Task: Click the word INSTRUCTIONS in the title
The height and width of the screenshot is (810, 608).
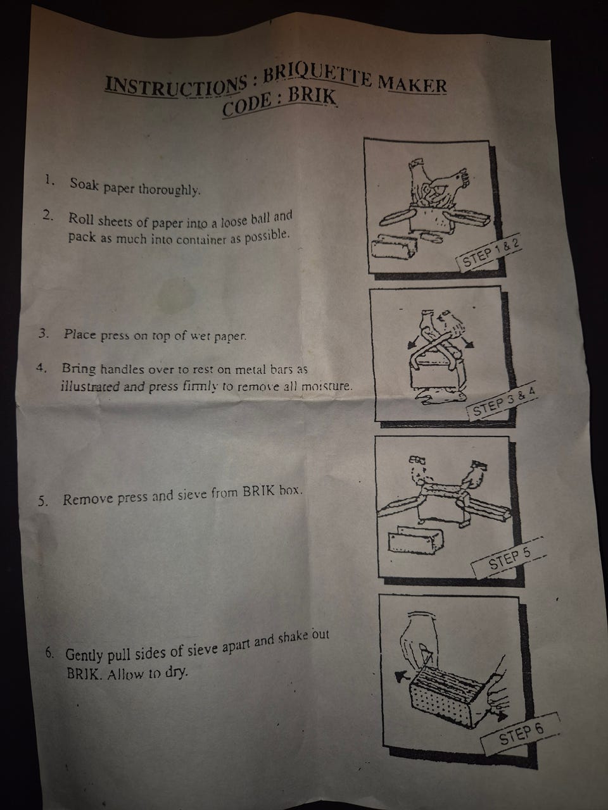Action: [176, 86]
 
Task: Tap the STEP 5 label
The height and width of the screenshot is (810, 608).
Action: [509, 558]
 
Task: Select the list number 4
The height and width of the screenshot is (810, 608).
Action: [41, 368]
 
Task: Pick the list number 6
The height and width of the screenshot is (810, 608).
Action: [49, 652]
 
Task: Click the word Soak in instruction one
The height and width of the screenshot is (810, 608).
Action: [84, 184]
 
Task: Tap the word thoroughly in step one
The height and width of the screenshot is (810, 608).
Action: [170, 190]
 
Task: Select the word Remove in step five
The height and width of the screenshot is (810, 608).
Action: [89, 499]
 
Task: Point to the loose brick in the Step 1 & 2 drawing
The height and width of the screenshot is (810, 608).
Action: [395, 246]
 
